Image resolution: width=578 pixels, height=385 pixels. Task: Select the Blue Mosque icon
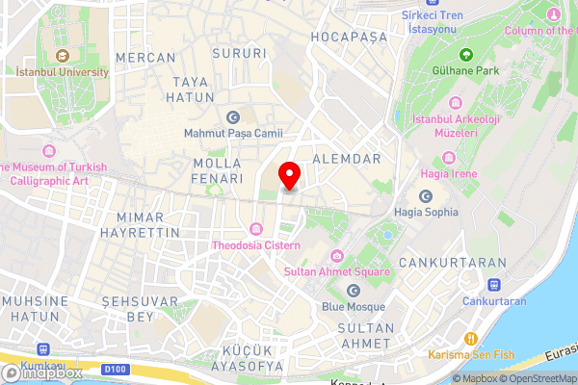(x=353, y=291)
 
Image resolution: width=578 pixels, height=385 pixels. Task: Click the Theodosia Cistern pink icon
(x=255, y=228)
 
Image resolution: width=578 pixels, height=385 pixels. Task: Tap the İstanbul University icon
(x=63, y=55)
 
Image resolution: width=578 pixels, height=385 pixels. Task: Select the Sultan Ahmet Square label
(x=335, y=272)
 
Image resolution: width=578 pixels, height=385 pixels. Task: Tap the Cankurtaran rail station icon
(x=493, y=285)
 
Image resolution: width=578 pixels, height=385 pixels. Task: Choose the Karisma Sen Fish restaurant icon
(x=471, y=338)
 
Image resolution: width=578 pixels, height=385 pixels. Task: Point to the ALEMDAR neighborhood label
(x=347, y=158)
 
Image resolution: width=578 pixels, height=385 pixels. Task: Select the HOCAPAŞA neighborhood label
(x=348, y=37)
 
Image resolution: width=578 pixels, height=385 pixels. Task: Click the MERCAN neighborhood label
(x=145, y=58)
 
